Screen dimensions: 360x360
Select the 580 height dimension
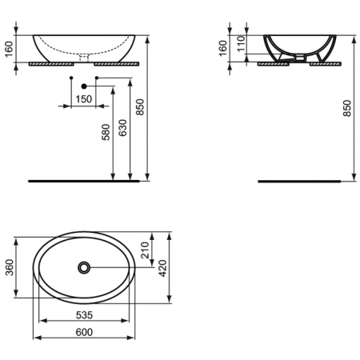tap(106, 131)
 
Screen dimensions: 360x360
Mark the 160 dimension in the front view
tap(8, 48)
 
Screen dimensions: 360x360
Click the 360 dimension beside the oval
tap(8, 266)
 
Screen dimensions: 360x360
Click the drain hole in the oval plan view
tap(84, 267)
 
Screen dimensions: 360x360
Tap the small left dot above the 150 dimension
tap(71, 78)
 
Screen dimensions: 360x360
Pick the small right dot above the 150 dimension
tap(97, 78)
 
